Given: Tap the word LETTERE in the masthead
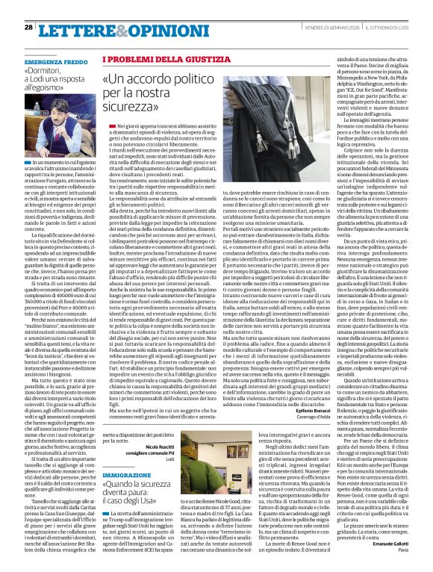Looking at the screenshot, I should click(x=74, y=29).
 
